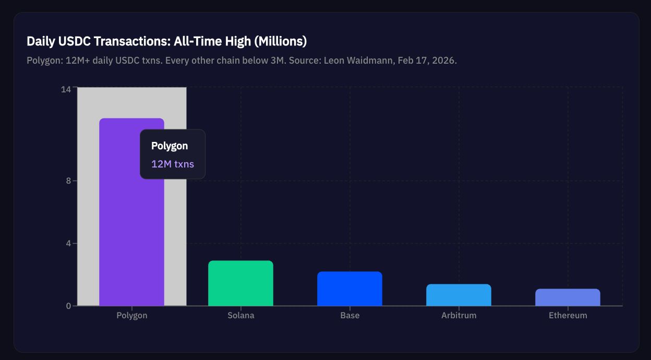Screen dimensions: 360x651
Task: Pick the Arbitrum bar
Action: click(459, 295)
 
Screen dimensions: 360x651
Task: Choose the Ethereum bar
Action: click(568, 297)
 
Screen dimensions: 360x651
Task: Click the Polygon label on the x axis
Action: click(132, 316)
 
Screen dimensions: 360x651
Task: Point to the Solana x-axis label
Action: click(240, 316)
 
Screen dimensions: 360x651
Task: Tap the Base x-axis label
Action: click(349, 316)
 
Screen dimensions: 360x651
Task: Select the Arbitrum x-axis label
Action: click(459, 316)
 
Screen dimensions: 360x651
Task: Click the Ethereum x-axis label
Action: click(568, 316)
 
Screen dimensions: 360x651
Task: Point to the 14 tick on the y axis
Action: click(66, 90)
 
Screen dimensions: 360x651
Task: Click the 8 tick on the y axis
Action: click(68, 181)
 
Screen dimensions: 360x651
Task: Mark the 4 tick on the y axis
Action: click(68, 243)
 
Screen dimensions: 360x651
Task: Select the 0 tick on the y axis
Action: click(68, 306)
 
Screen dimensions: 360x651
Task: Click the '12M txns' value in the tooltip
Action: click(173, 164)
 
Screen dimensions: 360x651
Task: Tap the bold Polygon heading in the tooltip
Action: click(170, 146)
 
